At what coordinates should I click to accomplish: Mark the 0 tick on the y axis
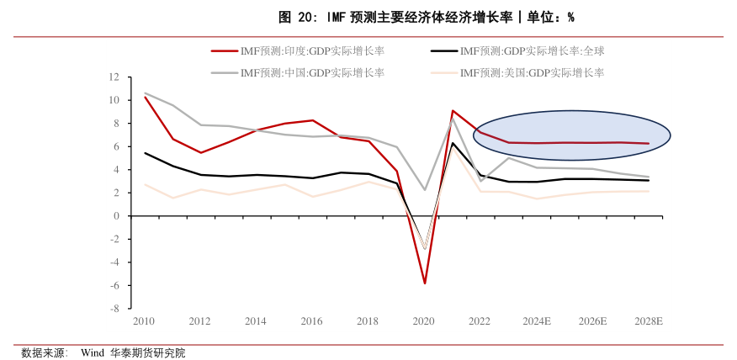[x=117, y=216]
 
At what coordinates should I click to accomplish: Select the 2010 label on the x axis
[x=144, y=321]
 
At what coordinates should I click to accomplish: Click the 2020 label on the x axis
[x=424, y=321]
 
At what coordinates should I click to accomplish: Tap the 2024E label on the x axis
[x=536, y=321]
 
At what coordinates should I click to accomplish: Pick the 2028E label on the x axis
[x=648, y=321]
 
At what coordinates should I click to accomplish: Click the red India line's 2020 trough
[x=425, y=283]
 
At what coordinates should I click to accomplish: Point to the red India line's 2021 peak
[x=453, y=110]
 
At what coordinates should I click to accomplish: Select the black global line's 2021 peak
[x=453, y=143]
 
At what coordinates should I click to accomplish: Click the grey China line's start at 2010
[x=145, y=93]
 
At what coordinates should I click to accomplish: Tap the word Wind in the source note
[x=93, y=353]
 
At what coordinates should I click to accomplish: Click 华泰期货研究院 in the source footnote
[x=147, y=353]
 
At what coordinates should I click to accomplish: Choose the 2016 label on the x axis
[x=311, y=321]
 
